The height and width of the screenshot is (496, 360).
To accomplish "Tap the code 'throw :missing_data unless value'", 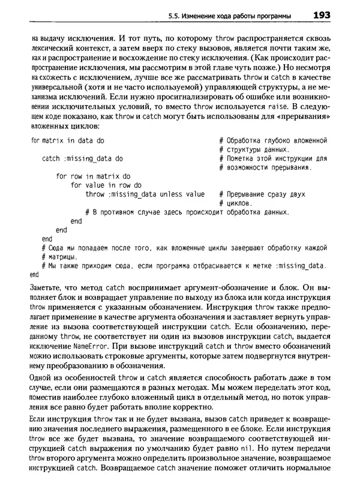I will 145,194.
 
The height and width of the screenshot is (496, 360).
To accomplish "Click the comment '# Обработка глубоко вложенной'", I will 273,140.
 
